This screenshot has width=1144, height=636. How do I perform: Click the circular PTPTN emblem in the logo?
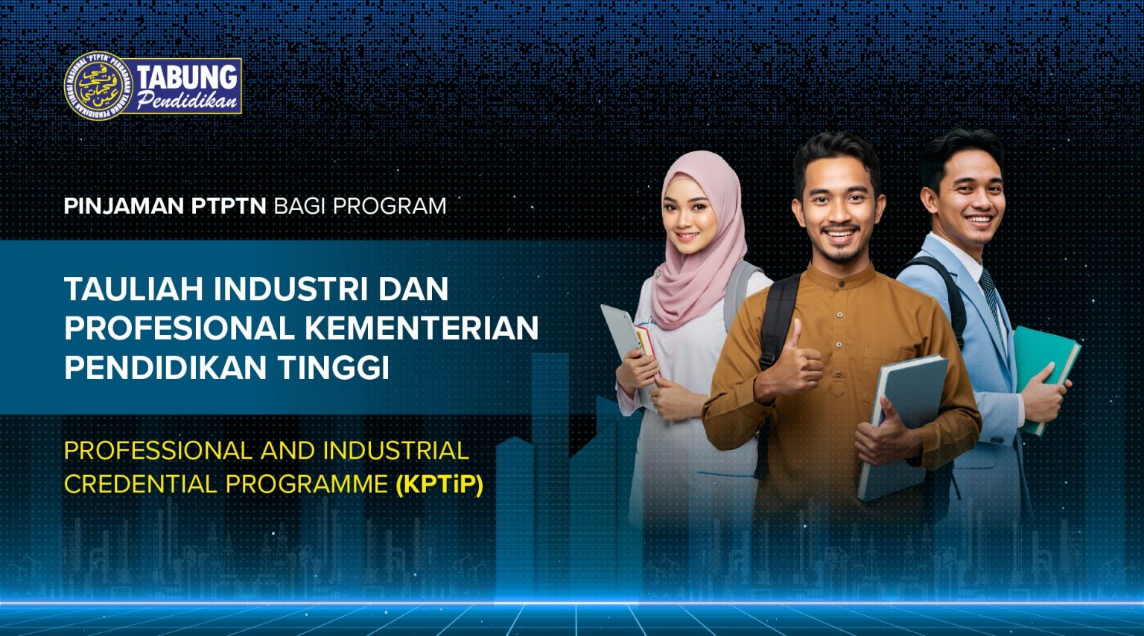click(98, 86)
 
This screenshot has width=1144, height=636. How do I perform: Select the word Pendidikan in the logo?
click(187, 101)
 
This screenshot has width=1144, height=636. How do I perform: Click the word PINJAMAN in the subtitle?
click(124, 206)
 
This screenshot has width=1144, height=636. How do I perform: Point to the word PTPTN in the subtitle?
click(229, 206)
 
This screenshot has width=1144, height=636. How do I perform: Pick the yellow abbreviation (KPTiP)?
click(439, 485)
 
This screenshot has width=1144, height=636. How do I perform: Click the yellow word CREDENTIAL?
click(141, 485)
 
